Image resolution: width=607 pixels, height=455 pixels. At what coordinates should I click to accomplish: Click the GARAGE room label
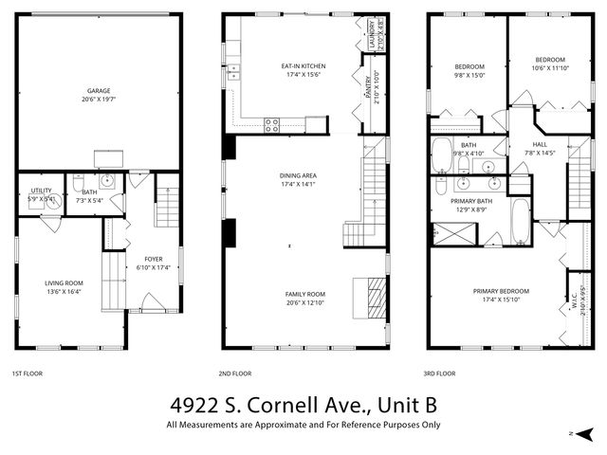pos(100,91)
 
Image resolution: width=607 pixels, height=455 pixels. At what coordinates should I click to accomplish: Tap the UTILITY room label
pos(41,191)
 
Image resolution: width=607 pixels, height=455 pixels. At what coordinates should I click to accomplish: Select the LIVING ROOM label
pos(64,282)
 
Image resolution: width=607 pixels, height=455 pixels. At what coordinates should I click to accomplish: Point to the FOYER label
pos(153,259)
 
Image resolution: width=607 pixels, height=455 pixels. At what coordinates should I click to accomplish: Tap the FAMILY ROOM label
pos(305,293)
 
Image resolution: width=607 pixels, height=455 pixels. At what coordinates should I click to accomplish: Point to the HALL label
pos(541,145)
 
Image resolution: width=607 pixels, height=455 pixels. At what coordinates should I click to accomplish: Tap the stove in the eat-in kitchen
pos(272,123)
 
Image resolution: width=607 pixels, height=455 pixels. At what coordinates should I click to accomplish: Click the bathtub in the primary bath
pos(520,221)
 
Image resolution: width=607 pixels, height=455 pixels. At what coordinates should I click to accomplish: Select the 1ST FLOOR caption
pos(26,373)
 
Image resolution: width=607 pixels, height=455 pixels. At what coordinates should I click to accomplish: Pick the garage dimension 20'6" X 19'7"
pos(100,100)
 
